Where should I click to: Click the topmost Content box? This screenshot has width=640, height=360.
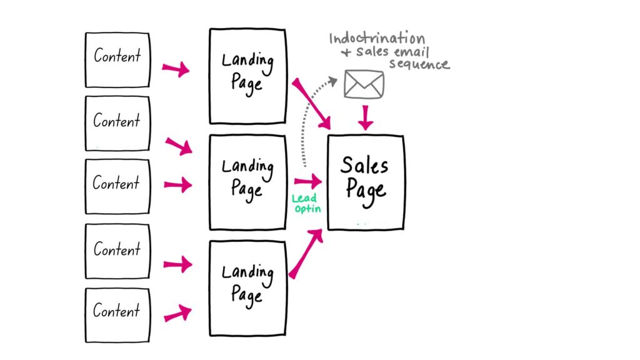click(x=117, y=60)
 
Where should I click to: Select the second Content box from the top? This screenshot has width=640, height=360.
click(x=117, y=123)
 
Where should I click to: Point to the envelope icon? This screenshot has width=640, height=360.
click(x=364, y=85)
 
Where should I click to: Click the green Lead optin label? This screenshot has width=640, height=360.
click(x=307, y=204)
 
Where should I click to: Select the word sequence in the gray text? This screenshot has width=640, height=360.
click(x=419, y=64)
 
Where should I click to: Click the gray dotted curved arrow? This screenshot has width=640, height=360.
click(x=310, y=119)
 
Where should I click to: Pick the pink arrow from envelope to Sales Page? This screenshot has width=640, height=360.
click(x=366, y=117)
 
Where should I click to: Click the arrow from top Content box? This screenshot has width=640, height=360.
click(x=176, y=68)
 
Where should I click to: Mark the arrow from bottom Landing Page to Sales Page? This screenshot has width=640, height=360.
click(x=306, y=253)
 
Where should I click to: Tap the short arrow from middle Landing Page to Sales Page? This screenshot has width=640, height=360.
click(x=307, y=182)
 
